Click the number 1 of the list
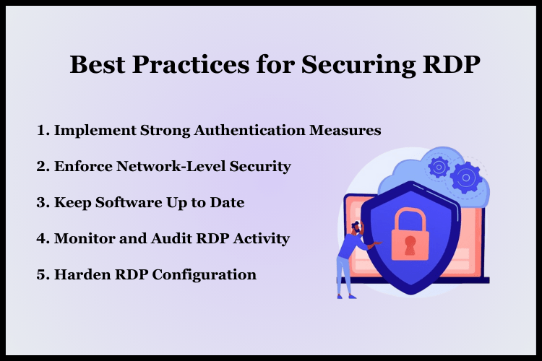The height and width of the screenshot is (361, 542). click(x=41, y=131)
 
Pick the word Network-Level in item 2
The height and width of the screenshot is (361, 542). click(x=169, y=167)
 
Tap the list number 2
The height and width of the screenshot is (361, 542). click(x=41, y=167)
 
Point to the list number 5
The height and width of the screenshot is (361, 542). click(x=41, y=275)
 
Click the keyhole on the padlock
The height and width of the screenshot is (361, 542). click(x=409, y=241)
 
